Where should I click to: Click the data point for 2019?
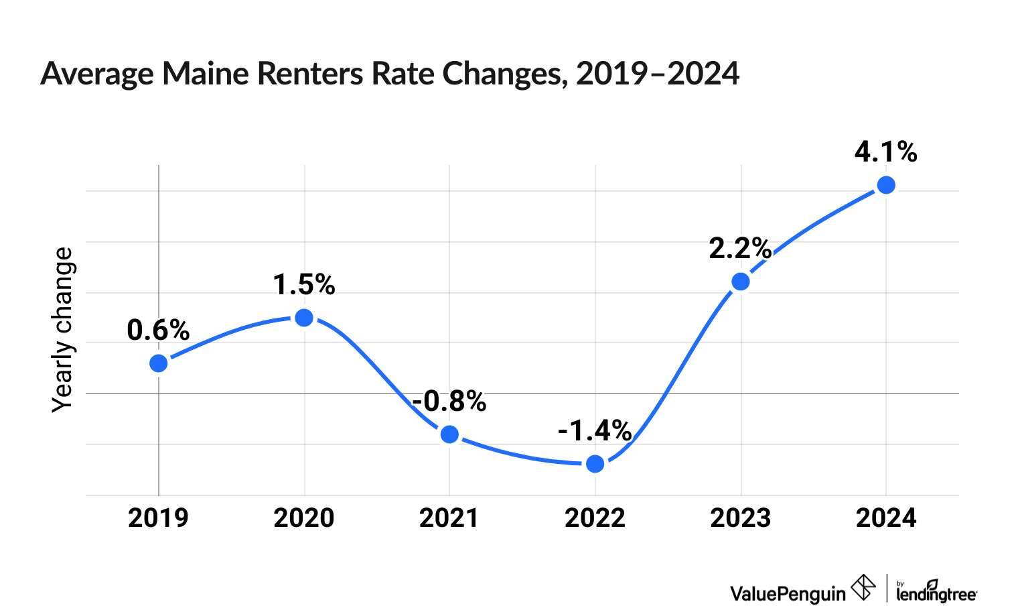pyautogui.click(x=158, y=363)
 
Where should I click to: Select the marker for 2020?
pyautogui.click(x=304, y=318)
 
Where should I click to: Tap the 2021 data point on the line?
pyautogui.click(x=449, y=434)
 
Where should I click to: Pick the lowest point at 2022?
pyautogui.click(x=595, y=464)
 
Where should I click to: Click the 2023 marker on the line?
pyautogui.click(x=741, y=282)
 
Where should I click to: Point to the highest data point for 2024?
pyautogui.click(x=886, y=185)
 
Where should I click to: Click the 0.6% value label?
pyautogui.click(x=158, y=330)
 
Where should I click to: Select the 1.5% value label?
pyautogui.click(x=304, y=285)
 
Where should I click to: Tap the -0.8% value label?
pyautogui.click(x=449, y=401)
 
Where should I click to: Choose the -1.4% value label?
pyautogui.click(x=595, y=431)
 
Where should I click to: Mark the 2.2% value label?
pyautogui.click(x=741, y=249)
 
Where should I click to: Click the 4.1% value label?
pyautogui.click(x=886, y=152)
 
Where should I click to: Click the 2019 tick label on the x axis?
pyautogui.click(x=158, y=518)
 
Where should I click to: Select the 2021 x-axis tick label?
pyautogui.click(x=449, y=518)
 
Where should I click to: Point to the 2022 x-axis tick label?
pyautogui.click(x=595, y=518)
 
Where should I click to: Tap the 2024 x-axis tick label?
pyautogui.click(x=886, y=518)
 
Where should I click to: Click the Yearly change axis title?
pyautogui.click(x=63, y=330)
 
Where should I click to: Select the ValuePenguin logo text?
pyautogui.click(x=788, y=593)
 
